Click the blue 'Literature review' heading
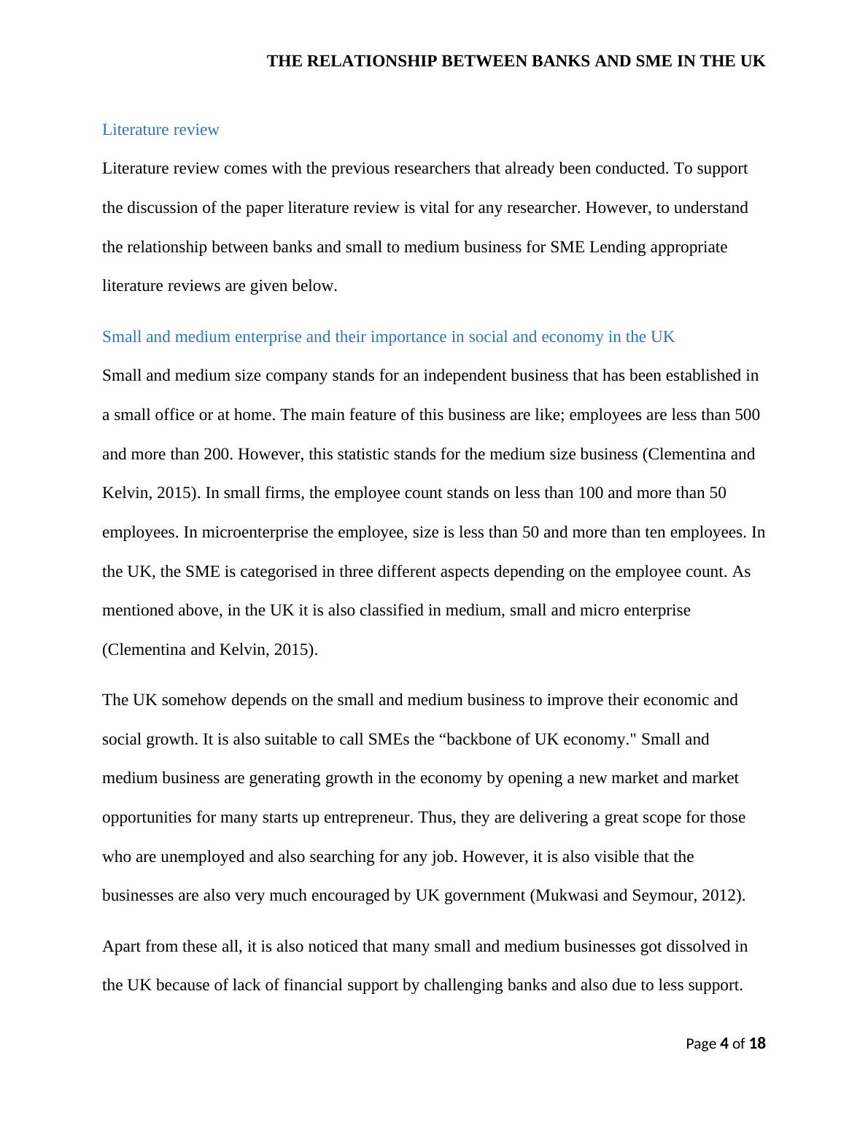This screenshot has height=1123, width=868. [160, 130]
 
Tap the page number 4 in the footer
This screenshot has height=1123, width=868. [724, 1044]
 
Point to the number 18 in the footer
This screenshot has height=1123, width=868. [757, 1044]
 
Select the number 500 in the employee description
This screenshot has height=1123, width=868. [747, 415]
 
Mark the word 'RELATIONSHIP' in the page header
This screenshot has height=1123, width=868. [374, 61]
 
